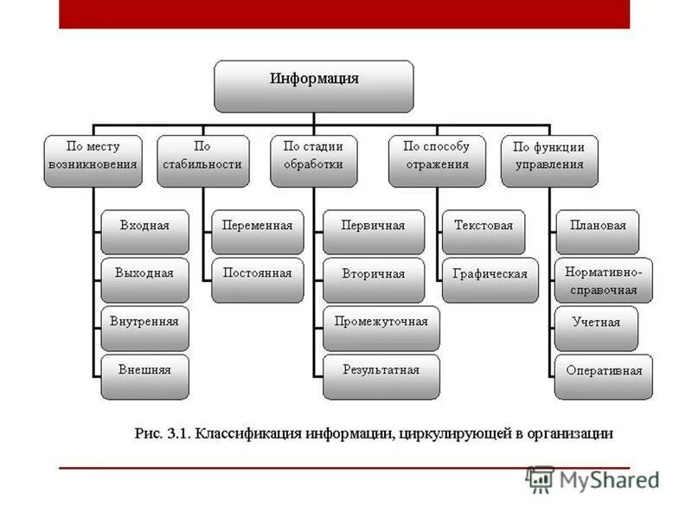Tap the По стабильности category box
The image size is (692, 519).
(x=203, y=159)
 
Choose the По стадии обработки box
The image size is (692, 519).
(x=313, y=159)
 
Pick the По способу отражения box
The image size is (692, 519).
(x=436, y=159)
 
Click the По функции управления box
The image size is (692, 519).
(x=549, y=159)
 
